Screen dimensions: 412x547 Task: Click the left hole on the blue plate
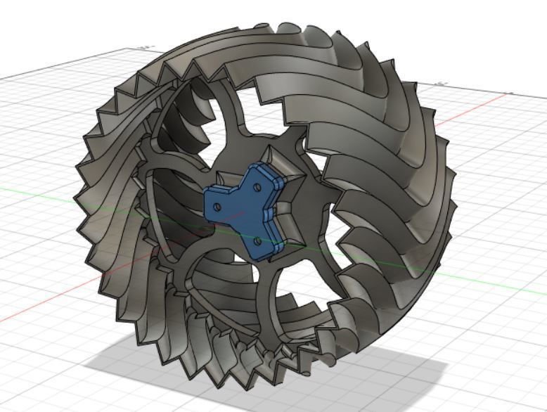(217, 207)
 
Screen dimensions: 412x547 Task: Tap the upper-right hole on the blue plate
(257, 186)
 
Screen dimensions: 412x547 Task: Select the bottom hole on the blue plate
(257, 240)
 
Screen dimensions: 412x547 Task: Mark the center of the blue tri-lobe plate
(243, 210)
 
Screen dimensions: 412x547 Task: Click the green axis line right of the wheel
(492, 284)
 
